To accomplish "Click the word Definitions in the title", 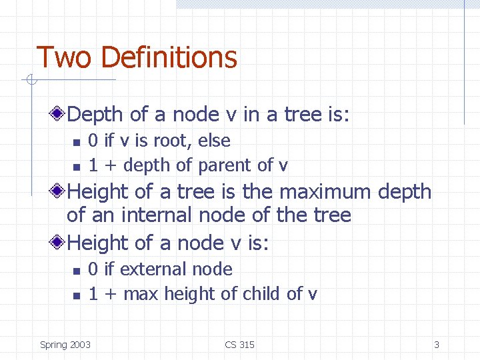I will pos(169,57).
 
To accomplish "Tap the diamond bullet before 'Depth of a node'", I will pos(60,115).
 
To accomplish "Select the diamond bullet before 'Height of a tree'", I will pos(60,192).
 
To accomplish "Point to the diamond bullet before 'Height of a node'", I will pos(60,243).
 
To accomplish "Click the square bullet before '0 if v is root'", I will pos(76,142).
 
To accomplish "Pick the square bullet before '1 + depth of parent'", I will pos(76,166).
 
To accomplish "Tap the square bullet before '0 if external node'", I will pos(76,271).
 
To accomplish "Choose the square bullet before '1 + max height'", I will pos(76,295).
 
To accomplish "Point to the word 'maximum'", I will pos(325,192).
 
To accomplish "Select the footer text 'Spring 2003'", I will pos(65,345).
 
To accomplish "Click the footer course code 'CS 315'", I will pos(239,345).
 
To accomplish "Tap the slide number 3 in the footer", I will pos(437,345).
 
